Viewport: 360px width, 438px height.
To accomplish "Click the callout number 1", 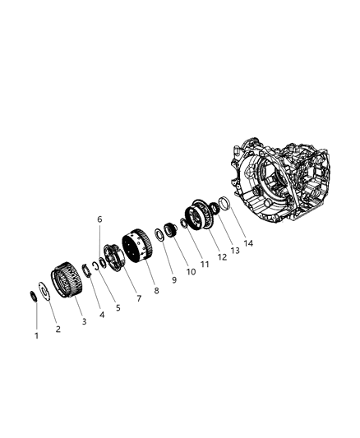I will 36,335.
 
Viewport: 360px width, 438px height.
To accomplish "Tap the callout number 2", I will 58,330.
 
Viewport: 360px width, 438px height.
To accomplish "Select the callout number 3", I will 84,321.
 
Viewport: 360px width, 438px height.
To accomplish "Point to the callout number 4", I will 102,313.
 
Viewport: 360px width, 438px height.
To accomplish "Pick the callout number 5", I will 118,307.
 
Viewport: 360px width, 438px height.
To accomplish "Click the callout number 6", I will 99,219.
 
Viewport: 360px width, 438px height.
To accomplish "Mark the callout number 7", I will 137,297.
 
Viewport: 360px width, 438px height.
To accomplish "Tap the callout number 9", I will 173,279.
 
